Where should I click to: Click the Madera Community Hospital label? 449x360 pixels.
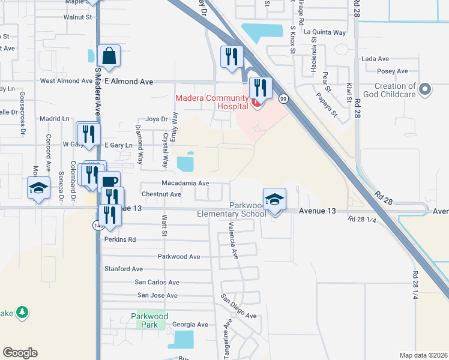pyautogui.click(x=212, y=102)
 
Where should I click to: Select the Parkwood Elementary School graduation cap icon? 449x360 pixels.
pyautogui.click(x=274, y=199)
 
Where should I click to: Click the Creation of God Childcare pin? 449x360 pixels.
pyautogui.click(x=426, y=90)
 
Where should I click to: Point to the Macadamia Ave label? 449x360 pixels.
pyautogui.click(x=185, y=183)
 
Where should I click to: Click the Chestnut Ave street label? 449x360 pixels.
pyautogui.click(x=161, y=194)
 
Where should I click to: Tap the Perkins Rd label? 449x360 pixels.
pyautogui.click(x=120, y=239)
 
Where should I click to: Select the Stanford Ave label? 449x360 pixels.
pyautogui.click(x=124, y=269)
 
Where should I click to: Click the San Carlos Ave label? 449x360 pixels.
pyautogui.click(x=157, y=282)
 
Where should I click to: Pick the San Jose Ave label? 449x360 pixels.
pyautogui.click(x=157, y=295)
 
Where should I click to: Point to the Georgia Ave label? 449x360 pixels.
pyautogui.click(x=190, y=325)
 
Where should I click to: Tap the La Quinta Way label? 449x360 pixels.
pyautogui.click(x=325, y=32)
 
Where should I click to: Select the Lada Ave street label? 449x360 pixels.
pyautogui.click(x=376, y=59)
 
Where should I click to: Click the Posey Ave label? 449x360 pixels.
pyautogui.click(x=393, y=71)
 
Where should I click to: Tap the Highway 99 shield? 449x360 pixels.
pyautogui.click(x=283, y=98)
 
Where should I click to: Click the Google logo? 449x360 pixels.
pyautogui.click(x=20, y=353)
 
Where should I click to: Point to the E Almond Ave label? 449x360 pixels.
pyautogui.click(x=128, y=81)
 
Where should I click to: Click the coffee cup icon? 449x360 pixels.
pyautogui.click(x=109, y=182)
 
